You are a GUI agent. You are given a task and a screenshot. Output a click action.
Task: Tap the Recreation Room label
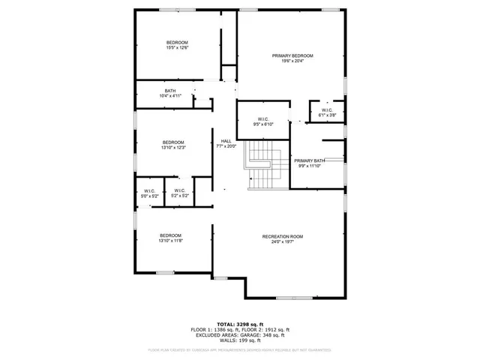281,237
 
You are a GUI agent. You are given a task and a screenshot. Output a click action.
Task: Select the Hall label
226,141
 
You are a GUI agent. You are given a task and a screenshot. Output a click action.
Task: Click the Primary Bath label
309,160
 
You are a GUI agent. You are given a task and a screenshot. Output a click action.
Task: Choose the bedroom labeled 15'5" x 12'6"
177,45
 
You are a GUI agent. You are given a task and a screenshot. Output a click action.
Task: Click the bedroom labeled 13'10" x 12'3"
172,145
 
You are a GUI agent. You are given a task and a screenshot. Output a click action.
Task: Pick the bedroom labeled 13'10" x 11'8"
170,238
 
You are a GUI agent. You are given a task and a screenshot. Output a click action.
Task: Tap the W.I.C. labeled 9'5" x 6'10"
263,121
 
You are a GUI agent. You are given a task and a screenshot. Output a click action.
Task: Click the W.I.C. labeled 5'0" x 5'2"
149,193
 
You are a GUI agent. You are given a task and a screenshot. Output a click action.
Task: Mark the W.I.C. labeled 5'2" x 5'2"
179,193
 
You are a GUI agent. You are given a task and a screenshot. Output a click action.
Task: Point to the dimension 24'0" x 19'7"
281,242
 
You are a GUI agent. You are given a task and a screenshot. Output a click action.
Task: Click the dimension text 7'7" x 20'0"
226,147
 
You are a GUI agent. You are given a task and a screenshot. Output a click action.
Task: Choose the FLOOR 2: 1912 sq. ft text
265,330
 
